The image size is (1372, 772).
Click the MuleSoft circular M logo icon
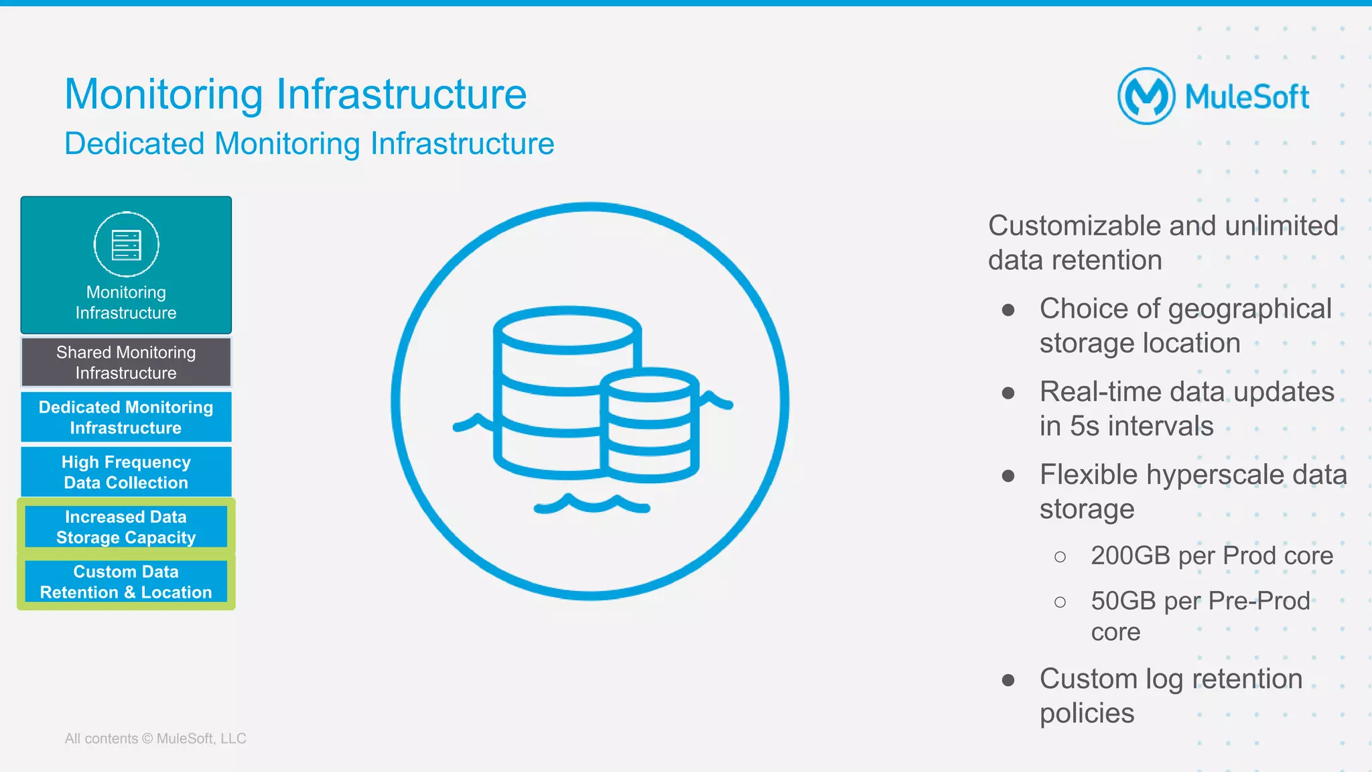click(1146, 96)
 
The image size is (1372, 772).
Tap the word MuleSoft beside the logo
click(1247, 97)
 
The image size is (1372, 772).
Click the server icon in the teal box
click(126, 245)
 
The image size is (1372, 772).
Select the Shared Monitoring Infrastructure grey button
click(126, 363)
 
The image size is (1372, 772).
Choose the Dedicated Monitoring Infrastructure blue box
click(126, 417)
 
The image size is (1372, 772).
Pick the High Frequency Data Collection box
click(126, 472)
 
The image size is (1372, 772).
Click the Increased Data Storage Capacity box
click(126, 527)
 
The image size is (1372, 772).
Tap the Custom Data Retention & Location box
click(126, 582)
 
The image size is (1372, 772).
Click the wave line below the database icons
click(592, 505)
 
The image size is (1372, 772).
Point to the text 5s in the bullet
click(1085, 426)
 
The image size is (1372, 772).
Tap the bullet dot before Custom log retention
click(1008, 681)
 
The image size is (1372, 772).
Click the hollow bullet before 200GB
click(1060, 557)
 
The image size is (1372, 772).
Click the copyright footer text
click(155, 738)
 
